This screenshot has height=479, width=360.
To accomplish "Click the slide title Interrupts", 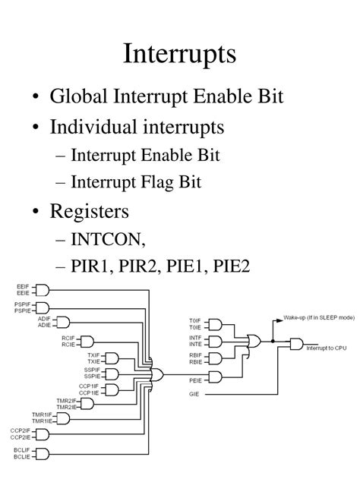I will [180, 55].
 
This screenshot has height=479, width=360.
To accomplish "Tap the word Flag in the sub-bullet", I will [170, 182].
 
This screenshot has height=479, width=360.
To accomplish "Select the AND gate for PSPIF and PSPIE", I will [42, 307].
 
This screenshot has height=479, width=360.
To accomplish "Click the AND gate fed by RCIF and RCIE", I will [87, 341].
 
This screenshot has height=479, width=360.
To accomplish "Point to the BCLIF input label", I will [21, 449].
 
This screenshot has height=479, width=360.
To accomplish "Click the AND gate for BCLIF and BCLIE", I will [42, 453].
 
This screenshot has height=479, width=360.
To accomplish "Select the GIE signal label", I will [195, 395].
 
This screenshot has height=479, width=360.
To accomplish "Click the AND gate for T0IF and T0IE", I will [215, 324].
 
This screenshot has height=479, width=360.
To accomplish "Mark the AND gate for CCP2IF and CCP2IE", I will [42, 434].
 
